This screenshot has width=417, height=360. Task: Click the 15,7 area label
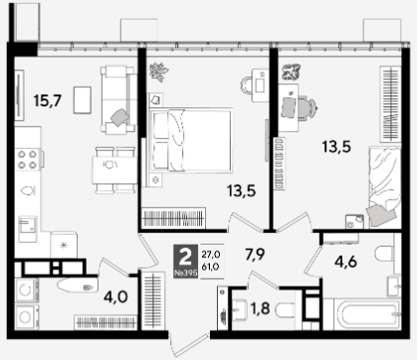[x=48, y=100]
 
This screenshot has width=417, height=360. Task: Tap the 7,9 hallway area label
[x=255, y=255]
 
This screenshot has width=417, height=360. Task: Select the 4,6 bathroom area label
[x=345, y=262]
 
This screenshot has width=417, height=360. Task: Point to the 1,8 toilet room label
[x=260, y=308]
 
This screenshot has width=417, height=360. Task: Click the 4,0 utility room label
[x=115, y=297]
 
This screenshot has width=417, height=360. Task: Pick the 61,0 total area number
[x=210, y=267]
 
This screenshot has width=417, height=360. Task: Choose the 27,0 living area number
[x=211, y=255]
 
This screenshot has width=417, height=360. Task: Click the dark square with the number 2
[x=185, y=257]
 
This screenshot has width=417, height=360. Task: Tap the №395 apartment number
[x=186, y=273]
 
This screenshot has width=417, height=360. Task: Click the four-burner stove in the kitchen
[x=28, y=159]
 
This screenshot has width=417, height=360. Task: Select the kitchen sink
[x=28, y=229]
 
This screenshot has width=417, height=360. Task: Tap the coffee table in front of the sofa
[x=83, y=99]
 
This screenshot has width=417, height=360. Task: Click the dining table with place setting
[x=113, y=171]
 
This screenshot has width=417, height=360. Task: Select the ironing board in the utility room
[x=78, y=285]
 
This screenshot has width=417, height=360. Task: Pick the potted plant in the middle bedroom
[x=158, y=72]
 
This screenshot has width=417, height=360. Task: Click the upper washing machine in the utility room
[x=26, y=290]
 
